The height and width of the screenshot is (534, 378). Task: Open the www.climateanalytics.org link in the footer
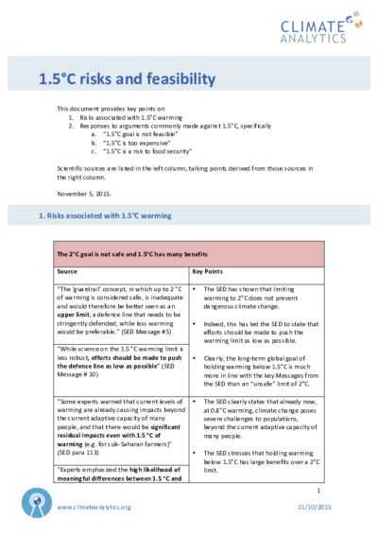94,507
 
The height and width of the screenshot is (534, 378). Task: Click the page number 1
320,491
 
